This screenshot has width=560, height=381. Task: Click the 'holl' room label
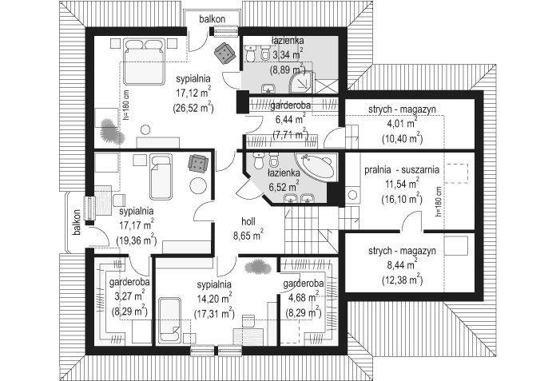[x=248, y=221]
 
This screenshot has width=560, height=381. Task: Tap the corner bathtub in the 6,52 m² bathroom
[x=316, y=166]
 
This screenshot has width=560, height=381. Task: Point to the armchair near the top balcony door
[x=224, y=53]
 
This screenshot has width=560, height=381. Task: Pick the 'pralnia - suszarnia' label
[x=402, y=169]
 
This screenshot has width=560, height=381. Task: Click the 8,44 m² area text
[x=402, y=265]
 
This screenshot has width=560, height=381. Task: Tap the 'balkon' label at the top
[x=212, y=19]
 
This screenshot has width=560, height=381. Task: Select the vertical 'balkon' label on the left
[x=77, y=223]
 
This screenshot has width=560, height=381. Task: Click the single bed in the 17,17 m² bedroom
[x=161, y=177]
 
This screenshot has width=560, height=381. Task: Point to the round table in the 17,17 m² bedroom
[x=198, y=186]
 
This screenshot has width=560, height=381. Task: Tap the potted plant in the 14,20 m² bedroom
[x=257, y=267]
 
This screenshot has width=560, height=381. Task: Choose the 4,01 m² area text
[x=402, y=124]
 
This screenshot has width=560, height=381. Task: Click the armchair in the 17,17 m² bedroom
[x=197, y=164]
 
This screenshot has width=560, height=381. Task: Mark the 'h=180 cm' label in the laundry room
[x=439, y=202]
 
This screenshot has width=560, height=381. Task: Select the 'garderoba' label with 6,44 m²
[x=290, y=105]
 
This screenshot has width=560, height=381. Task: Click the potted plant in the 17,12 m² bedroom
[x=112, y=130]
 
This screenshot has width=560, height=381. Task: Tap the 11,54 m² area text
[x=402, y=185]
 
